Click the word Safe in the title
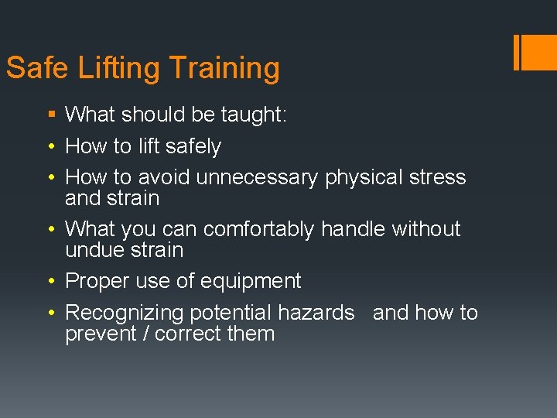click(x=38, y=68)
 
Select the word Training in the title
click(x=224, y=68)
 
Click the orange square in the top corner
click(x=539, y=52)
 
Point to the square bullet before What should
click(x=51, y=115)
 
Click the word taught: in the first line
click(x=254, y=115)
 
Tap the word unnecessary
click(x=257, y=177)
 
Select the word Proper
click(x=97, y=281)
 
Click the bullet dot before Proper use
click(x=51, y=282)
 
